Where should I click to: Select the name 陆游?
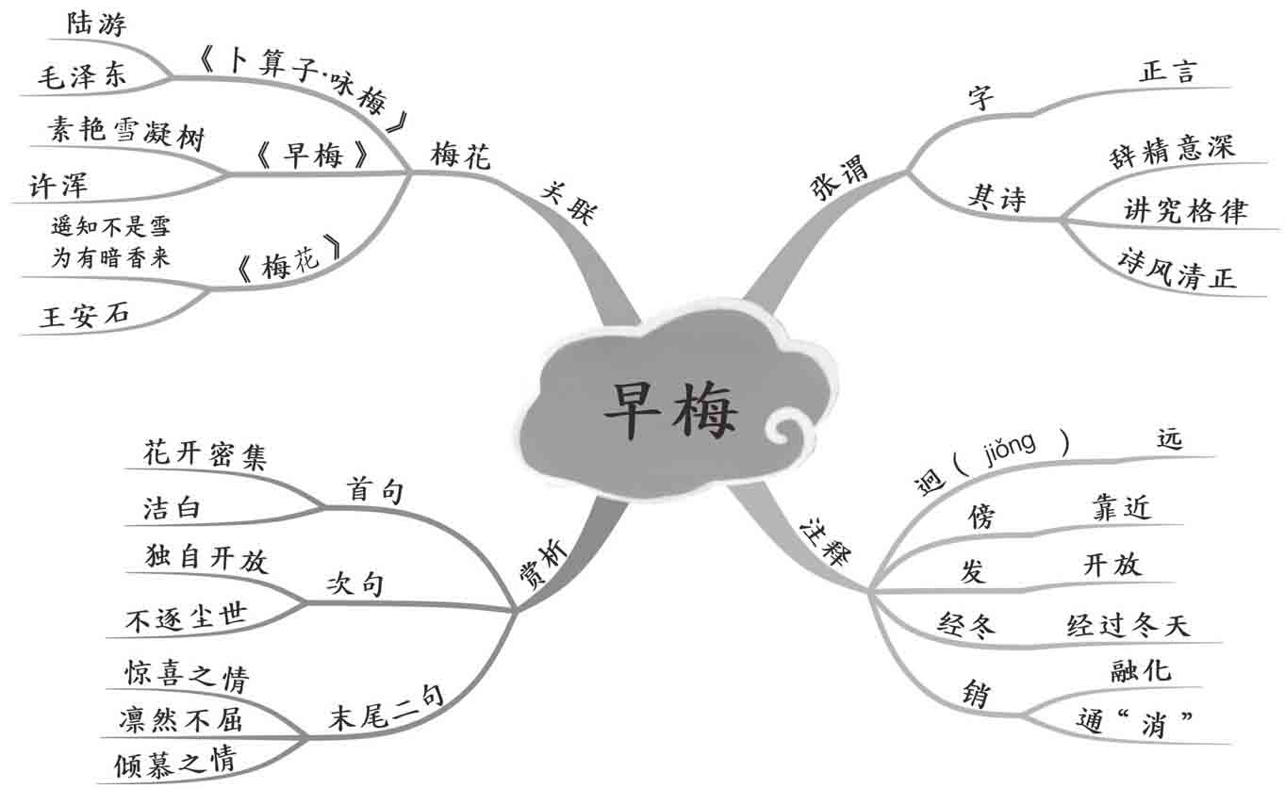(95, 24)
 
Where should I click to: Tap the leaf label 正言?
(1168, 71)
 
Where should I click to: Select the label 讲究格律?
(1185, 210)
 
